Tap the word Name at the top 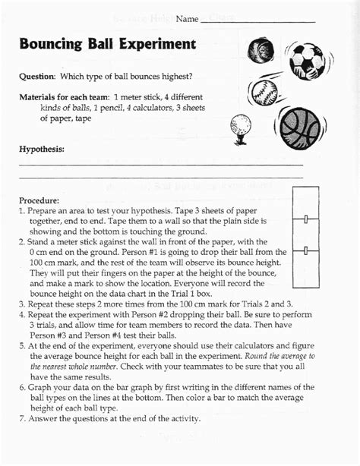pyautogui.click(x=186, y=17)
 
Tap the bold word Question pyautogui.click(x=37, y=77)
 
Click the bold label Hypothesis pyautogui.click(x=42, y=150)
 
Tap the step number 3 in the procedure pyautogui.click(x=22, y=302)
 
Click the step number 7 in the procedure pyautogui.click(x=22, y=418)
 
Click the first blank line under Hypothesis pyautogui.click(x=161, y=164)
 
